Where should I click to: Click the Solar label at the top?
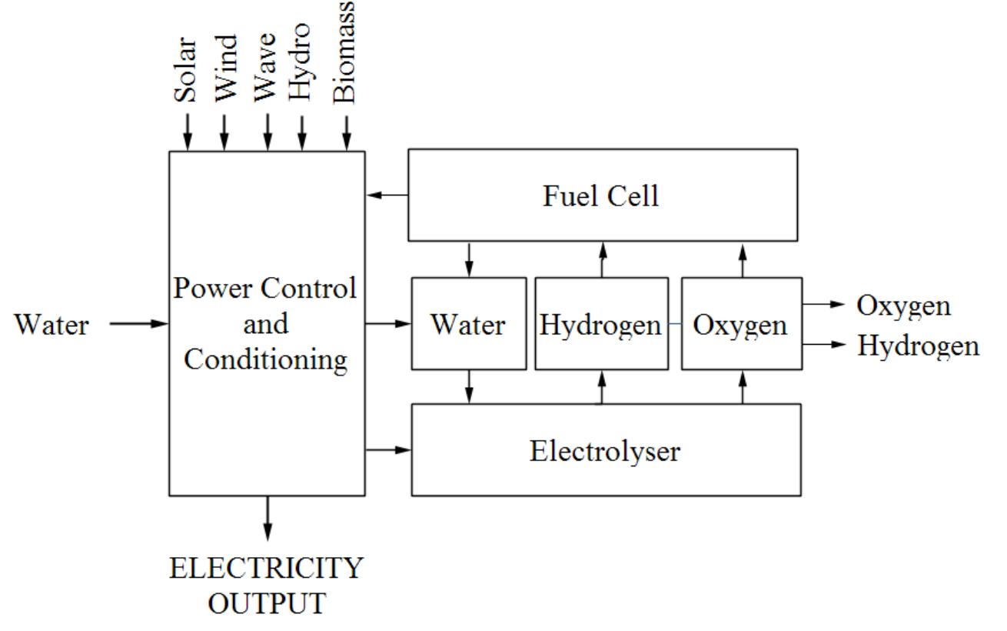186,77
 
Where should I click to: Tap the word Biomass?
345,52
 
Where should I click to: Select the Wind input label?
225,77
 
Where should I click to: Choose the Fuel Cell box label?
601,195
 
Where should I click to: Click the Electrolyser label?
605,451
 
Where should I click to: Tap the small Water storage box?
468,324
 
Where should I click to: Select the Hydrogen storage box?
600,324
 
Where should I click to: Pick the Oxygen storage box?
741,324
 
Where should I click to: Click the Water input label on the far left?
52,325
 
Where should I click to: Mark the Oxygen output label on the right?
903,305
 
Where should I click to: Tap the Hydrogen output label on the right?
918,346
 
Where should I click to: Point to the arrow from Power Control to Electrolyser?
389,449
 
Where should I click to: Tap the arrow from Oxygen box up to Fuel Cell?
743,259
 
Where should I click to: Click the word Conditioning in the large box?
265,359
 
